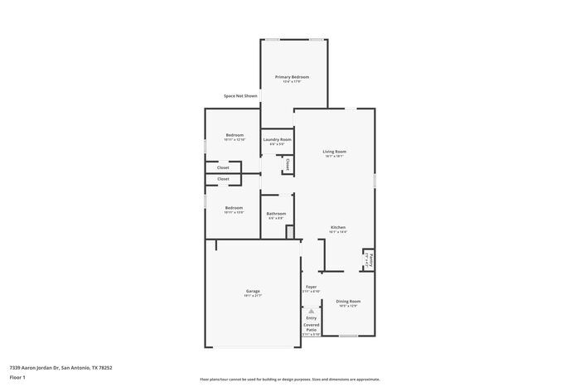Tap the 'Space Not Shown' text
240,96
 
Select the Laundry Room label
278,139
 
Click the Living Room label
334,152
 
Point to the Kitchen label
338,227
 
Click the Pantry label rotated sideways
371,259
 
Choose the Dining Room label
348,302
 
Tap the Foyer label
311,287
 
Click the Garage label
253,291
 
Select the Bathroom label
276,214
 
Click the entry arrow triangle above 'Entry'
312,311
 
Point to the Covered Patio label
311,327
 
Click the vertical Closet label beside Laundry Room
288,165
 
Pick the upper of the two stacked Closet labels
223,167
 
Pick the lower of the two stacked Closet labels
223,179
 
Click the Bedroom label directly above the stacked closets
234,135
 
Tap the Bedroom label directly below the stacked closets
234,208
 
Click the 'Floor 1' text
17,377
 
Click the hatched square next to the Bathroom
289,232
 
